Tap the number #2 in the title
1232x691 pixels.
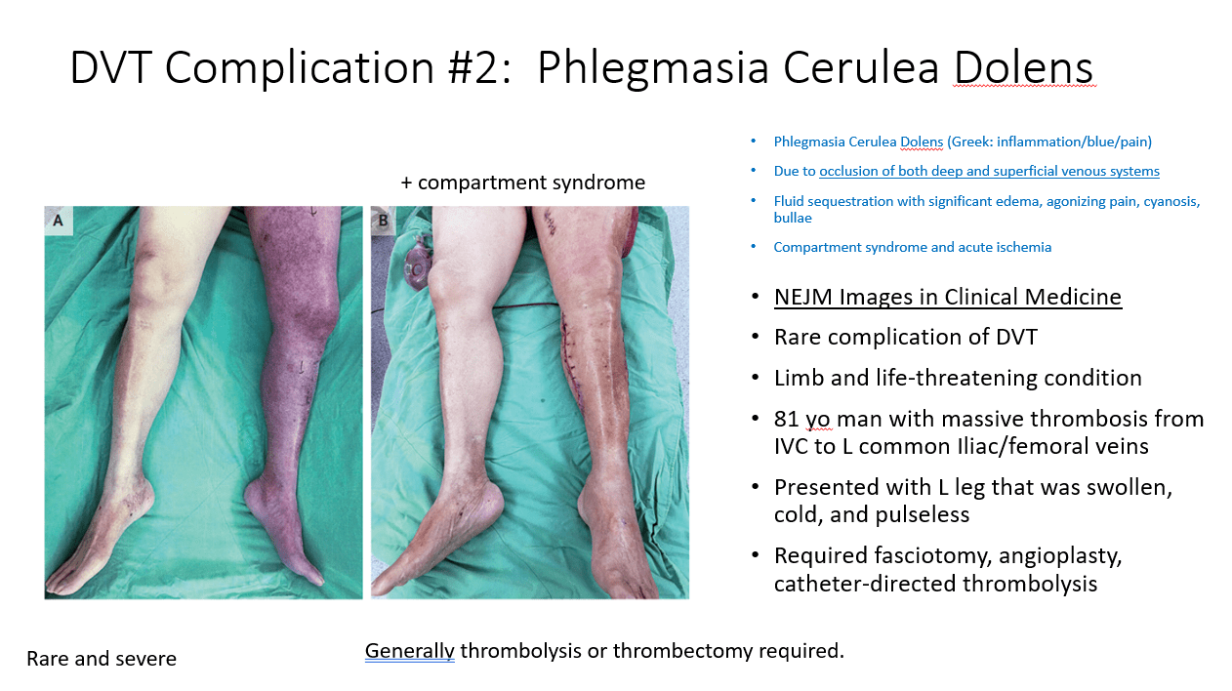tap(478, 67)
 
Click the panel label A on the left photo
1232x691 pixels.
tap(58, 221)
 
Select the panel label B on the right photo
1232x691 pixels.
tap(383, 221)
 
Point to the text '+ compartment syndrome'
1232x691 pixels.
tap(522, 183)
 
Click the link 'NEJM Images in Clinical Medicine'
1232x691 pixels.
tap(948, 297)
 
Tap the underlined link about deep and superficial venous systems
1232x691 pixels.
tap(990, 171)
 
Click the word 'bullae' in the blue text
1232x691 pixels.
tap(793, 218)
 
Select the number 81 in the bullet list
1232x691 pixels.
tap(786, 419)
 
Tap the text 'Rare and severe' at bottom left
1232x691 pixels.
tap(102, 659)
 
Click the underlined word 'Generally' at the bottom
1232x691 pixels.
tap(410, 651)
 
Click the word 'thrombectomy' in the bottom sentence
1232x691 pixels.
tap(683, 651)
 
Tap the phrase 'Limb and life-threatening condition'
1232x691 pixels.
tap(958, 379)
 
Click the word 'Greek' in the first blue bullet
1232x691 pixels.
tap(970, 142)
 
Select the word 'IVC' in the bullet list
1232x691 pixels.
tap(791, 446)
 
